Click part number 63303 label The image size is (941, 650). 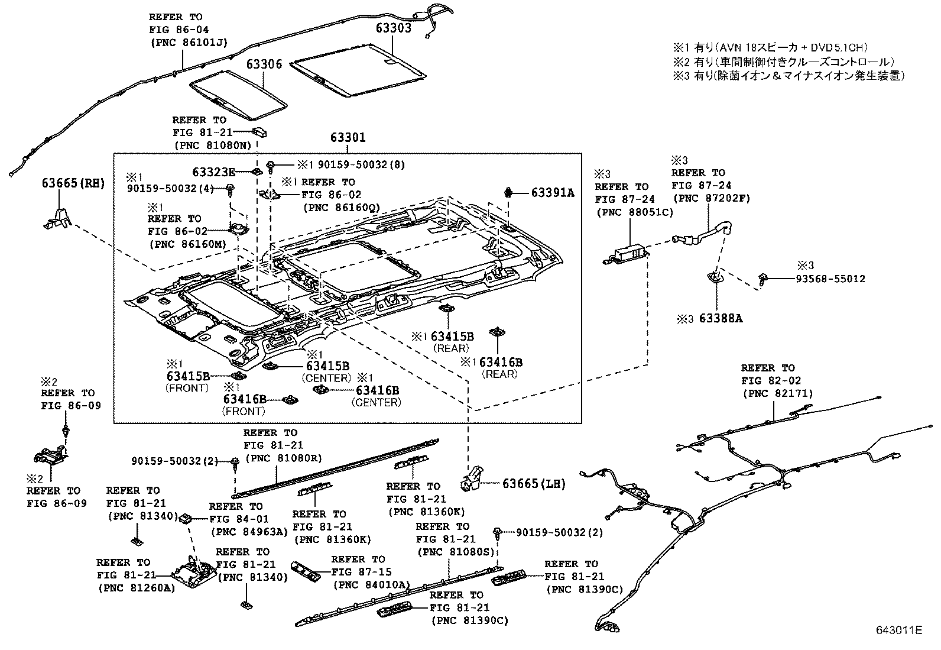[x=394, y=28]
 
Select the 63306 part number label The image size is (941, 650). [x=264, y=64]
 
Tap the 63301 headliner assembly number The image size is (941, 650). [x=348, y=138]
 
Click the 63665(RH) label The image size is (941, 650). [x=73, y=183]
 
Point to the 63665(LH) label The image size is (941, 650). [x=534, y=484]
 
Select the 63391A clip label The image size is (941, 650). [x=553, y=192]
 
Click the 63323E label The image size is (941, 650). [x=213, y=172]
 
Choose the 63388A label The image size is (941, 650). [x=721, y=318]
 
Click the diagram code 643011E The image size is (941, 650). [x=898, y=630]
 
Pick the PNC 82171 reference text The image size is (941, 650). [x=777, y=393]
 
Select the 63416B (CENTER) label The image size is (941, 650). [x=377, y=390]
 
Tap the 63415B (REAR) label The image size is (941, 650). [x=452, y=337]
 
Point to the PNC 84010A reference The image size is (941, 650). [x=371, y=585]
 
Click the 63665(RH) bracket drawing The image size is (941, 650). [x=57, y=218]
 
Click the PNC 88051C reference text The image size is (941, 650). [x=634, y=212]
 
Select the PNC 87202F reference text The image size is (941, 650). [x=710, y=198]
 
